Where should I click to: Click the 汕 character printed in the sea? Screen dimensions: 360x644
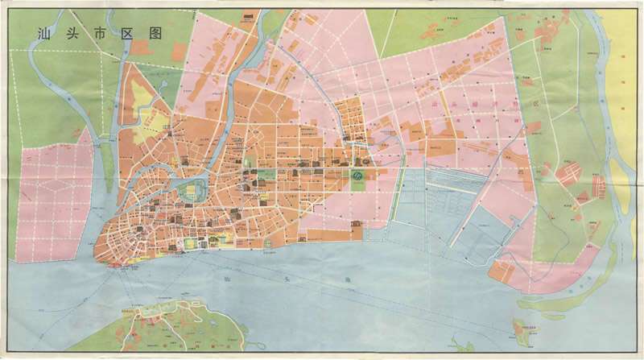point(221,279)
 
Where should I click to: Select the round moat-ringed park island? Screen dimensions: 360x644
point(192,192)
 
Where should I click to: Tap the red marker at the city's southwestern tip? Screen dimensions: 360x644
point(121,263)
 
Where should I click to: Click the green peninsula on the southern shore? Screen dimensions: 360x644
point(161,330)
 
